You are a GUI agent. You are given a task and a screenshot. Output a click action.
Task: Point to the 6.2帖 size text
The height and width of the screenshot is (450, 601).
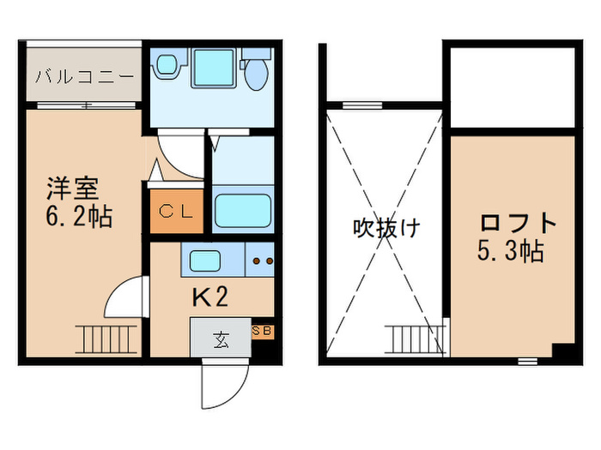click(x=79, y=216)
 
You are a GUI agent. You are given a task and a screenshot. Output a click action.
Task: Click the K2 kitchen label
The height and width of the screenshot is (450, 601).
click(x=209, y=297)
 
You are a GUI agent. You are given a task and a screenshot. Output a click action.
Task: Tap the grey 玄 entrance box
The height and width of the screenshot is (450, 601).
click(x=220, y=339)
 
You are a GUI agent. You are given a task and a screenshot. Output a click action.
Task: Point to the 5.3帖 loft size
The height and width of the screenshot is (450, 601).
click(x=511, y=253)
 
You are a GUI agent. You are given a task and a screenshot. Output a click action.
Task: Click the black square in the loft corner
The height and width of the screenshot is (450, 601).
click(x=563, y=351)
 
